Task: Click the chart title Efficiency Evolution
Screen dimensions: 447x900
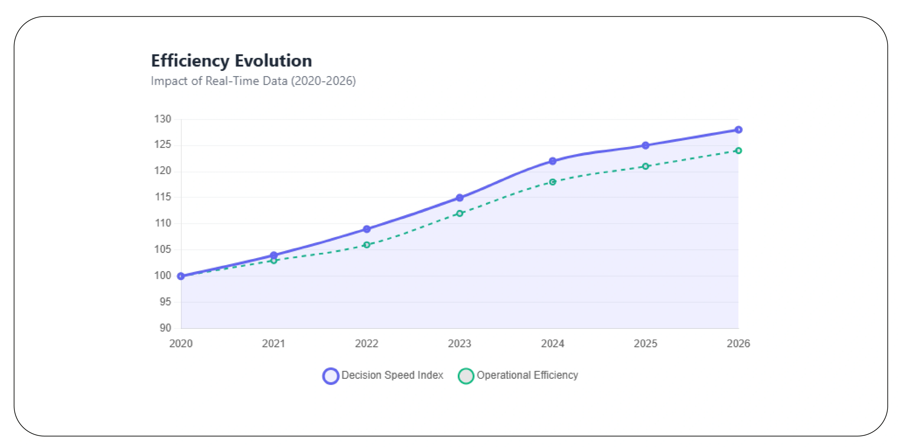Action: (231, 61)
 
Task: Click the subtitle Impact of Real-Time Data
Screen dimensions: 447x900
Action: (253, 81)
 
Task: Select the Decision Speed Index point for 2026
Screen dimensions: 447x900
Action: (738, 130)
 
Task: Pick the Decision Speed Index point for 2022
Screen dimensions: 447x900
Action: (367, 229)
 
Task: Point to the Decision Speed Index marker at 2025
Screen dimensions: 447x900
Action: (645, 146)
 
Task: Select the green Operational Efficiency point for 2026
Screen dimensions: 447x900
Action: (738, 151)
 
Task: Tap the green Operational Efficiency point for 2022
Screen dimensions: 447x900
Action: (367, 245)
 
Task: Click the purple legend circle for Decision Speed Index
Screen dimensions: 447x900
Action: (331, 376)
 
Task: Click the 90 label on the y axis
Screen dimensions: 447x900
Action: (165, 328)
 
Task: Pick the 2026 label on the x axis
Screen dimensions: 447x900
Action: (738, 343)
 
